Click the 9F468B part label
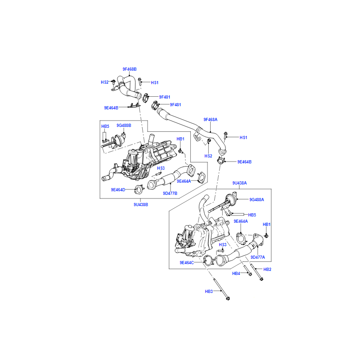pos(130,69)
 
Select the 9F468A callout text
pos(210,119)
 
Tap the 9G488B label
pos(124,126)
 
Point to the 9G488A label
pos(256,200)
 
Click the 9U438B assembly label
pos(141,205)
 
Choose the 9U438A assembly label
pos(239,183)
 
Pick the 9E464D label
pos(118,189)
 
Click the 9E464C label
pos(187,263)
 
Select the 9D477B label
pos(170,193)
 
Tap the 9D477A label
pos(257,257)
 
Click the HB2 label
pos(267,269)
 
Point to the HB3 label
pos(209,291)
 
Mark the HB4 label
pos(236,274)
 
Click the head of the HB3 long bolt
pos(228,298)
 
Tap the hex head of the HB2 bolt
pos(261,279)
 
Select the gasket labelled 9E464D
pos(139,189)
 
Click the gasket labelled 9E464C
pos(208,260)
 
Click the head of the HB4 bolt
pos(250,274)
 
